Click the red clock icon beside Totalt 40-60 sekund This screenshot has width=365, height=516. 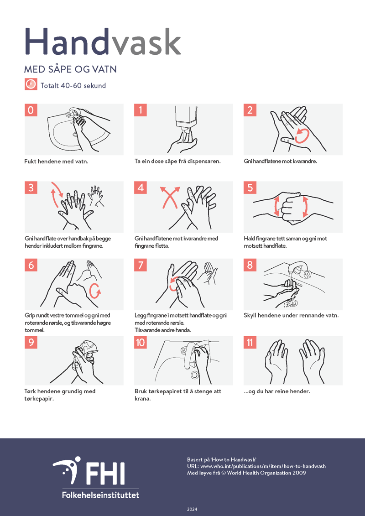[31, 84]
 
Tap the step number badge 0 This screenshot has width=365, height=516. [31, 110]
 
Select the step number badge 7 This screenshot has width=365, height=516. [141, 265]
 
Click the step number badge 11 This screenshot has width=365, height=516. [250, 342]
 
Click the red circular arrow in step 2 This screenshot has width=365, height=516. [302, 136]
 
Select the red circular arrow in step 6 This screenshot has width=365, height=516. [95, 291]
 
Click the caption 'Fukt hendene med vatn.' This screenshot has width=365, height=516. [56, 162]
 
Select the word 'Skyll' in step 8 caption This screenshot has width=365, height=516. [250, 316]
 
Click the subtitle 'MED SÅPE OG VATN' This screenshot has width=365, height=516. [70, 69]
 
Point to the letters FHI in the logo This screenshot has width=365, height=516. [104, 473]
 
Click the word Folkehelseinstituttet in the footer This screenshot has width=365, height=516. [100, 495]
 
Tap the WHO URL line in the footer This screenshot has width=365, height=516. [256, 466]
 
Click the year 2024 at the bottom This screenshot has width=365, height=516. [192, 509]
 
